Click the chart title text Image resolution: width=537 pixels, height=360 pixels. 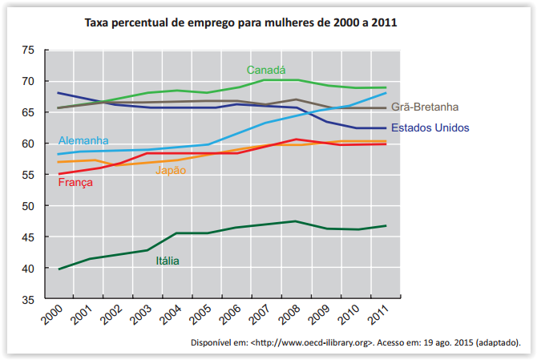pyautogui.click(x=241, y=22)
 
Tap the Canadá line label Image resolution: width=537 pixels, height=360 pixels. pyautogui.click(x=266, y=70)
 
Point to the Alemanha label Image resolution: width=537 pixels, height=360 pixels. pyautogui.click(x=83, y=140)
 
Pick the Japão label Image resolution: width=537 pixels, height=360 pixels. pyautogui.click(x=171, y=170)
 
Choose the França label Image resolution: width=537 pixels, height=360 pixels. pyautogui.click(x=76, y=182)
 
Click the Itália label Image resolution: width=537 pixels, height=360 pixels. pyautogui.click(x=168, y=260)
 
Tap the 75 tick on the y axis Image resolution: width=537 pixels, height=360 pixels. pyautogui.click(x=28, y=51)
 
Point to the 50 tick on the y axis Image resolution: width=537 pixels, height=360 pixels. pyautogui.click(x=28, y=206)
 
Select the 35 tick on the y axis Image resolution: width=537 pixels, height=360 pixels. pyautogui.click(x=28, y=299)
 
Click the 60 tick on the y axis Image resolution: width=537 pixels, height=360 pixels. pyautogui.click(x=28, y=144)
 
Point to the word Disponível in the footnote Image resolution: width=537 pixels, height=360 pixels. pyautogui.click(x=212, y=342)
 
